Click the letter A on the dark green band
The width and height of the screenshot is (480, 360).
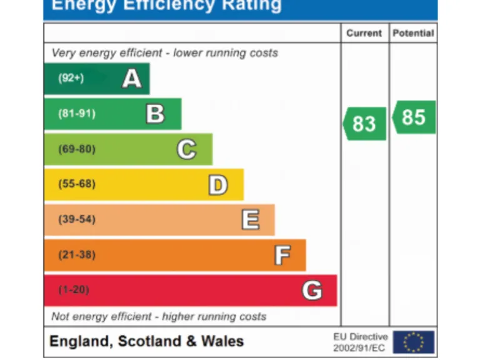131,79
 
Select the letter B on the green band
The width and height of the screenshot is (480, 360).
155,114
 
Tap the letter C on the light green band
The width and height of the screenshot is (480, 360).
186,149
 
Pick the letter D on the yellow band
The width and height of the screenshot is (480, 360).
217,184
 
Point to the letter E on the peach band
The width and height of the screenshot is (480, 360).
250,219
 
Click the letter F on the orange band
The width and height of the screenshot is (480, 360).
282,255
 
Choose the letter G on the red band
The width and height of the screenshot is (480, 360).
312,290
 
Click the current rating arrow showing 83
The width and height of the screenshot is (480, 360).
364,123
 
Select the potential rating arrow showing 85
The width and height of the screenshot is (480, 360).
414,117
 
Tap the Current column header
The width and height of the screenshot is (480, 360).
364,34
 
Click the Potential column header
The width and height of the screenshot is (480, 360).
413,34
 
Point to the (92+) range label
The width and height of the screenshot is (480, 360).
71,79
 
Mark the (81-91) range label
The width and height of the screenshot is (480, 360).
76,114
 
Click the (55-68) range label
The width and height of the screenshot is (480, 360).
76,184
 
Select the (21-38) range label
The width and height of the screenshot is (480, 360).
76,255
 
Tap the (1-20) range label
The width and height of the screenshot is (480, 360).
74,290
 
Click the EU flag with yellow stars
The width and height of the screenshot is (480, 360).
413,342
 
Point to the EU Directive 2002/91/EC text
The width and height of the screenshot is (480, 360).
361,342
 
